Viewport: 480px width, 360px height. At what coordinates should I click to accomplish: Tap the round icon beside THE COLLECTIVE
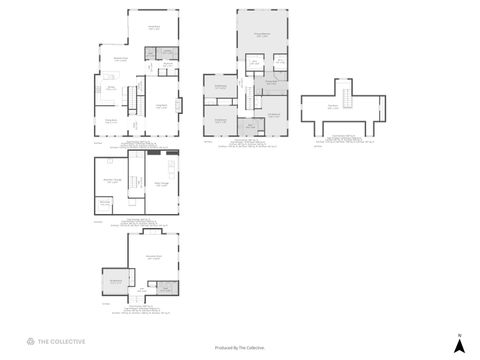[x=30, y=342]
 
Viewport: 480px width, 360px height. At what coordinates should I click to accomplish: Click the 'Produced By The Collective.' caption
[x=240, y=348]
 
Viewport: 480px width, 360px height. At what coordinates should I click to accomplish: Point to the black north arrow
[x=459, y=346]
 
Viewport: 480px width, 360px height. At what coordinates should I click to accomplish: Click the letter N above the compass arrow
[x=459, y=334]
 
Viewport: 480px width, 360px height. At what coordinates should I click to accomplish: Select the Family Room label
[x=155, y=28]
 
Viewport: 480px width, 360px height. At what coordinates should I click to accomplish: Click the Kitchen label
[x=112, y=89]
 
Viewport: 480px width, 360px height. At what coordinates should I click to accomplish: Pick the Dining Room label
[x=112, y=121]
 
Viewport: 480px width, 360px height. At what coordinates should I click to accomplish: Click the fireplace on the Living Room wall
[x=180, y=104]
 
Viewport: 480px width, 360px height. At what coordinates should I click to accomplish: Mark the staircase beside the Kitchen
[x=132, y=98]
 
